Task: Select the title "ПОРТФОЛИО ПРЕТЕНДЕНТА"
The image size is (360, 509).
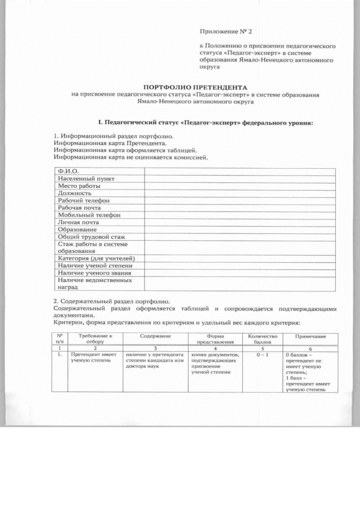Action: pos(195,88)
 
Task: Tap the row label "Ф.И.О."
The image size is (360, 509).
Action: pos(67,171)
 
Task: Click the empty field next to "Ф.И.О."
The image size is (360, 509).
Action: pos(240,171)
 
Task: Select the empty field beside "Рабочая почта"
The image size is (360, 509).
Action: pos(240,208)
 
